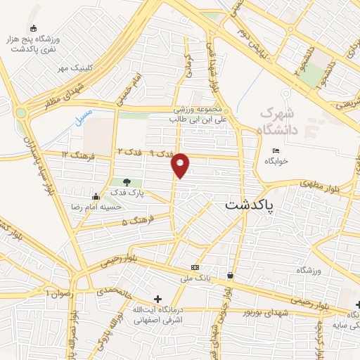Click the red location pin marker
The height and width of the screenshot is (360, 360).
tap(181, 165)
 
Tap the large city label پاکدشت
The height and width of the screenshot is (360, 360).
tap(250, 205)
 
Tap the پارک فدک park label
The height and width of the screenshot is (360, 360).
tap(127, 192)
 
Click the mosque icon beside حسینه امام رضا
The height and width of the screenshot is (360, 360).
tap(96, 196)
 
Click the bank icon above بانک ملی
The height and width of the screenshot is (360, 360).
tap(195, 268)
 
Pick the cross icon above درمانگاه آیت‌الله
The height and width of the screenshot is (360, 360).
tap(157, 299)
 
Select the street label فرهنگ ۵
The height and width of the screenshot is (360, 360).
tap(132, 222)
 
